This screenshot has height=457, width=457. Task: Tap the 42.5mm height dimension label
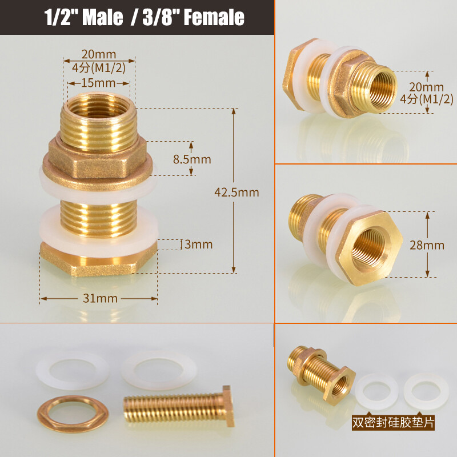click(x=236, y=192)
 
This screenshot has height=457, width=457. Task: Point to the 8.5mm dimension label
click(x=192, y=159)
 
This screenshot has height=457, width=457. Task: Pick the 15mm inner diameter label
click(x=98, y=83)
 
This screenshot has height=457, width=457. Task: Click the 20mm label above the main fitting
click(x=98, y=55)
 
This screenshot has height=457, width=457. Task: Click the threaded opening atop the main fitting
click(x=98, y=106)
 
